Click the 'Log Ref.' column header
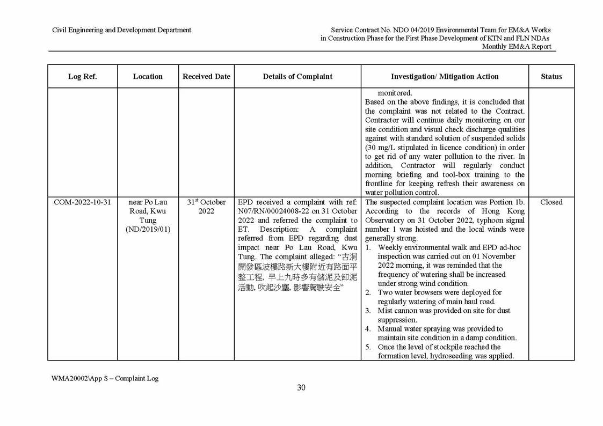[82, 76]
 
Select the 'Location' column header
[148, 76]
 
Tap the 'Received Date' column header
[206, 76]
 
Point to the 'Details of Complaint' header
[297, 76]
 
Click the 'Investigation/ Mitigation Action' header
[445, 76]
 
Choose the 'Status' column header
[551, 76]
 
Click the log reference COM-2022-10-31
[82, 202]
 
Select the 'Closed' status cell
[551, 202]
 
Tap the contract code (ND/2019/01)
[148, 230]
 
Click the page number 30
[301, 388]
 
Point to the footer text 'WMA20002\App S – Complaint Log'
[105, 378]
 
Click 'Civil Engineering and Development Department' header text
[121, 30]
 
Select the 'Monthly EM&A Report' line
[516, 47]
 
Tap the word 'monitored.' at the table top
[395, 93]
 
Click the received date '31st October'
[206, 202]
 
